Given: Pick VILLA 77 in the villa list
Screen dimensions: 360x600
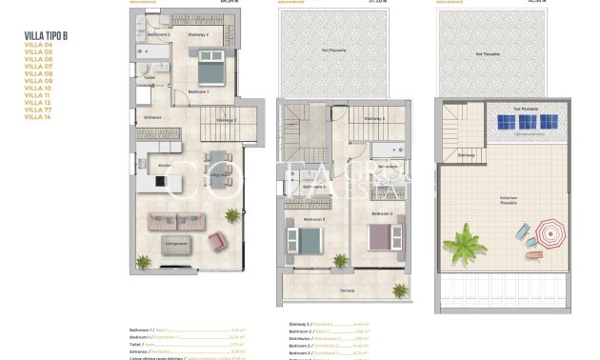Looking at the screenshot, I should [38, 110].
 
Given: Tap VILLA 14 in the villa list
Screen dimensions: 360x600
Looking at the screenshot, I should [38, 116].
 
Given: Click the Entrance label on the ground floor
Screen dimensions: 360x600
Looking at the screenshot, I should [152, 117].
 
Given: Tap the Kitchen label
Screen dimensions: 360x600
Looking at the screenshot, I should [165, 165].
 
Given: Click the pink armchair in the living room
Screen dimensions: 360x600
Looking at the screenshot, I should [217, 242].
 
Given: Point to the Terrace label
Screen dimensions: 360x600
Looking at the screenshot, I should [348, 290].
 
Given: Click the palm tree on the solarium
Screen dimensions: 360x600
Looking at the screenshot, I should [464, 239].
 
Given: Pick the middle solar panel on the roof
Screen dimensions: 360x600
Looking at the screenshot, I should [525, 123].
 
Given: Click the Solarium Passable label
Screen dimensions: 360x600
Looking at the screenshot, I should [509, 200].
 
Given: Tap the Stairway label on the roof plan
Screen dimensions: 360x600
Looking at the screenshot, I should [466, 153].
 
